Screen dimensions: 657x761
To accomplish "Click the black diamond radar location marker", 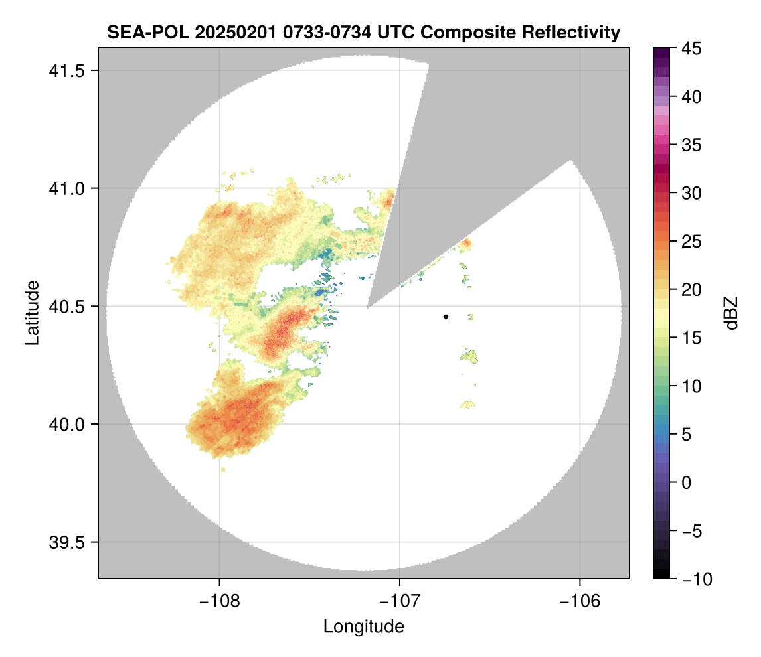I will click(x=446, y=317).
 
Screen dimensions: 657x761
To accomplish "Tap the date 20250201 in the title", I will click(x=228, y=33).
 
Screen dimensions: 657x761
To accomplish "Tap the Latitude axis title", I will click(x=31, y=312).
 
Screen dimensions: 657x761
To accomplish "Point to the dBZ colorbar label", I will click(x=731, y=313).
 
